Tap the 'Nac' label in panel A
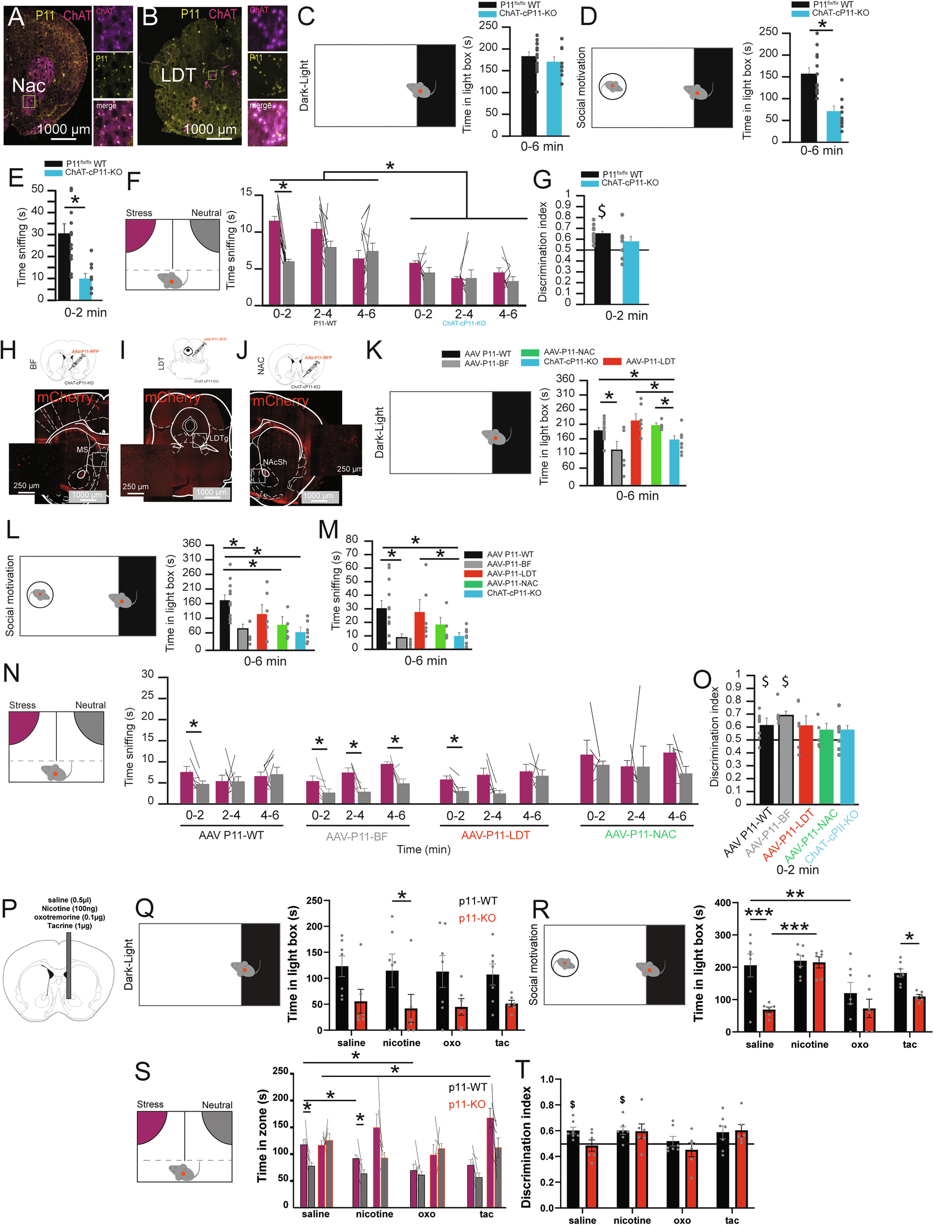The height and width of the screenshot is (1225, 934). point(28,86)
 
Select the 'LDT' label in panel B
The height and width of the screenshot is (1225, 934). point(178,75)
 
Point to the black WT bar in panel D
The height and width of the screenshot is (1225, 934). point(808,107)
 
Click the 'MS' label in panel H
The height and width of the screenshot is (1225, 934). point(82,449)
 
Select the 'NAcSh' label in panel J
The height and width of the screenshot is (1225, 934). point(275,462)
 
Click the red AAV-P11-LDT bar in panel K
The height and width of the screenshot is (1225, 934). point(636,452)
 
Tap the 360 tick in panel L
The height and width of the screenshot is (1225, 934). point(191,543)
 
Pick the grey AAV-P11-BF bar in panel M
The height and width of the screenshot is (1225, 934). point(402,643)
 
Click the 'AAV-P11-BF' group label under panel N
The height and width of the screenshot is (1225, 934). point(356,836)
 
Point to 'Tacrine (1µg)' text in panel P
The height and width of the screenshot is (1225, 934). point(70,926)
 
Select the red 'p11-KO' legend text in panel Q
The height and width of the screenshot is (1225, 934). point(478,919)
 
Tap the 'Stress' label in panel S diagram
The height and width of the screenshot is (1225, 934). point(150,1104)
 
